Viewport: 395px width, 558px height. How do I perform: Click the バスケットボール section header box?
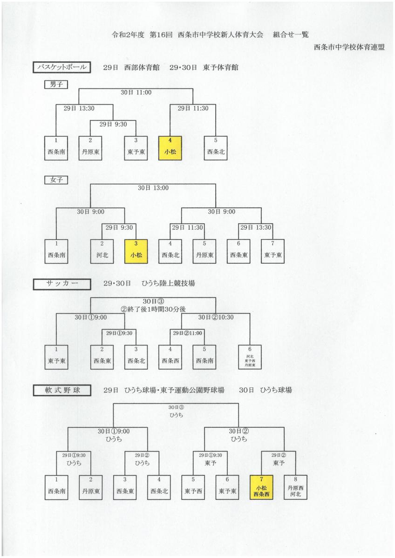pos(61,67)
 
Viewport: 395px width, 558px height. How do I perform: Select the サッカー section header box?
pos(61,284)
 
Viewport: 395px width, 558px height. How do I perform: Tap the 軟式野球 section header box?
pos(61,390)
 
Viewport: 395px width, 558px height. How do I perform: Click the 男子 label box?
pos(56,85)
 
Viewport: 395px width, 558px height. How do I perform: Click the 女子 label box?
pos(56,180)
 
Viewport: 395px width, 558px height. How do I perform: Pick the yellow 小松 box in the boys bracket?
pos(170,148)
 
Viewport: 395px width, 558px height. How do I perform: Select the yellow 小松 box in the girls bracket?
pos(136,252)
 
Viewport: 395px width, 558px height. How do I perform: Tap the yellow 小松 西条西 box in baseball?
pos(261,487)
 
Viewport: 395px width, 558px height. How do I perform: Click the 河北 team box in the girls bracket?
pos(102,252)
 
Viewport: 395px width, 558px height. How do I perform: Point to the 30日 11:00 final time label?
pos(136,93)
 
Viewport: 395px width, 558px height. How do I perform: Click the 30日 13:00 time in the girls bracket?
pos(153,188)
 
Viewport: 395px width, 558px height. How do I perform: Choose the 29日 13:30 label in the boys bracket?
pos(79,108)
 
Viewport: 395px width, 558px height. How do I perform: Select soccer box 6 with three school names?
pos(250,357)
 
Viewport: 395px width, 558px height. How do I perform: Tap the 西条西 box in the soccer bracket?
pos(170,357)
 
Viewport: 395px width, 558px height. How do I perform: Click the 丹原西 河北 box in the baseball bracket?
pos(295,487)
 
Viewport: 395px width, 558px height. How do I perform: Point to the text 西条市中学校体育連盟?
pos(349,47)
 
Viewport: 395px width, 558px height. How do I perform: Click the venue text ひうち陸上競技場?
pos(168,284)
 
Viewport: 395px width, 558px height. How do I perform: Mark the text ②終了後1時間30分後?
pos(153,309)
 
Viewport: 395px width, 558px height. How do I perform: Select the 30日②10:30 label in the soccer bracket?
pos(216,317)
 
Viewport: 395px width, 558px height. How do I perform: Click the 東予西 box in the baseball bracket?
pos(193,487)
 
